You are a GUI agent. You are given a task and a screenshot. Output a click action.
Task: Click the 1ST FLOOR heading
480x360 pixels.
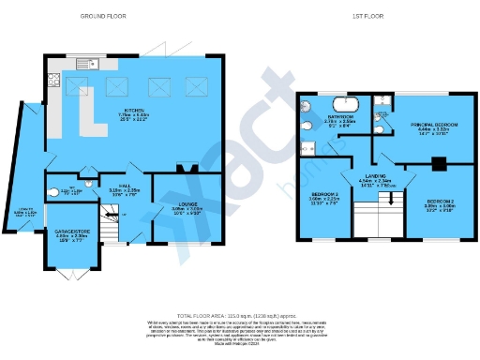click(367, 16)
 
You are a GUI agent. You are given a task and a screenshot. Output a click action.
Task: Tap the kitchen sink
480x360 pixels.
click(96, 65)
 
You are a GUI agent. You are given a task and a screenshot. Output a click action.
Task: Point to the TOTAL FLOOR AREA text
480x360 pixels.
click(240, 316)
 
